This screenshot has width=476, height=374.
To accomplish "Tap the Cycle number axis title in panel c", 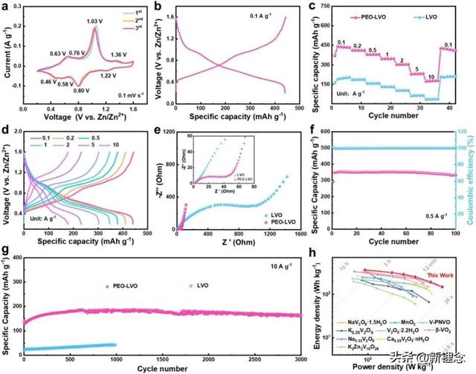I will point(394,116).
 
